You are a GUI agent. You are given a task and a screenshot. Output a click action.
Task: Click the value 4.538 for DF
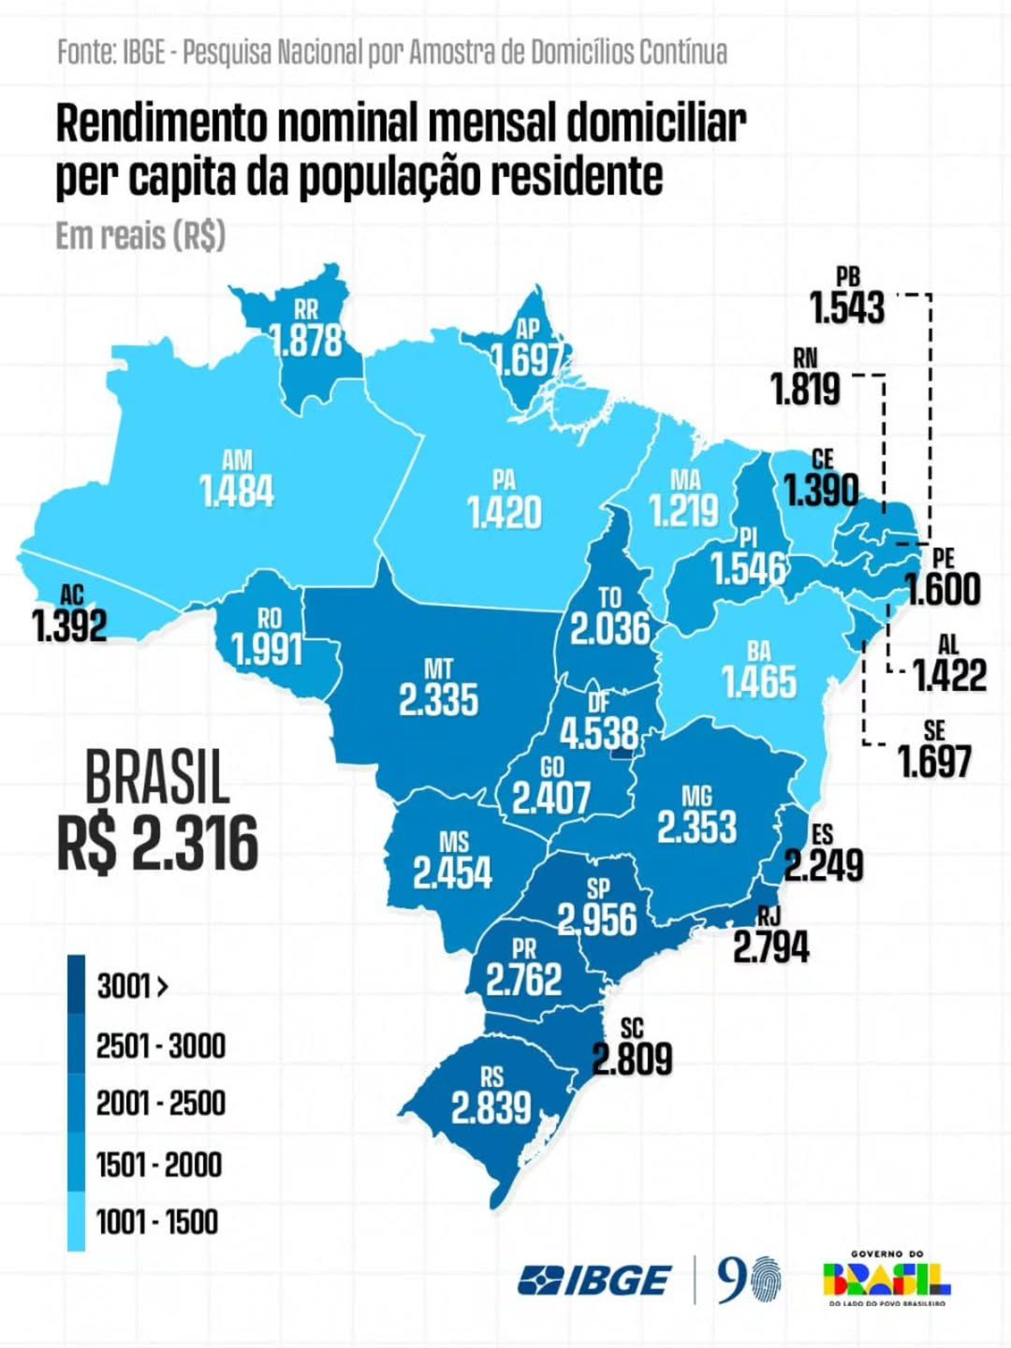[599, 733]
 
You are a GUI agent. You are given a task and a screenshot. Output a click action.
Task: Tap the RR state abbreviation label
[305, 310]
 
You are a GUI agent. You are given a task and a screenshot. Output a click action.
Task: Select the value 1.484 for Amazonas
[237, 491]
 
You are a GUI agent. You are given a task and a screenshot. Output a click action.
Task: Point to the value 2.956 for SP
[597, 919]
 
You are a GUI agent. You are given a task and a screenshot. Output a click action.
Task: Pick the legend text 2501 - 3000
[161, 1046]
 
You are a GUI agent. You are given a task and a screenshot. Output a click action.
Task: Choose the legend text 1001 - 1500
[157, 1222]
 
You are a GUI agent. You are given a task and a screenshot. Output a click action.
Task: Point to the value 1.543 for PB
[847, 307]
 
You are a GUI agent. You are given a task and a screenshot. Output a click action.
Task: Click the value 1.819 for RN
[805, 388]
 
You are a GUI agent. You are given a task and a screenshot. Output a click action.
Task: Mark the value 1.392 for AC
[69, 625]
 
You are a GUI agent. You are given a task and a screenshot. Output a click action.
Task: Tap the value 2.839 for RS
[491, 1108]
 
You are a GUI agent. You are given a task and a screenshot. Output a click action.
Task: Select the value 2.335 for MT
[438, 699]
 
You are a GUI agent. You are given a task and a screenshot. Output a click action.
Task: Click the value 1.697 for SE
[934, 761]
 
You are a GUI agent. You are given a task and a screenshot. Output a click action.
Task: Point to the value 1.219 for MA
[684, 510]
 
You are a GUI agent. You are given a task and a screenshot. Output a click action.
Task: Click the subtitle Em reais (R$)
[140, 235]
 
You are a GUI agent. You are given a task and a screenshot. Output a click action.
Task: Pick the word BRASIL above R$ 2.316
[157, 778]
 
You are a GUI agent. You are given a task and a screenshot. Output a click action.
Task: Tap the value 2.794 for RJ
[770, 947]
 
